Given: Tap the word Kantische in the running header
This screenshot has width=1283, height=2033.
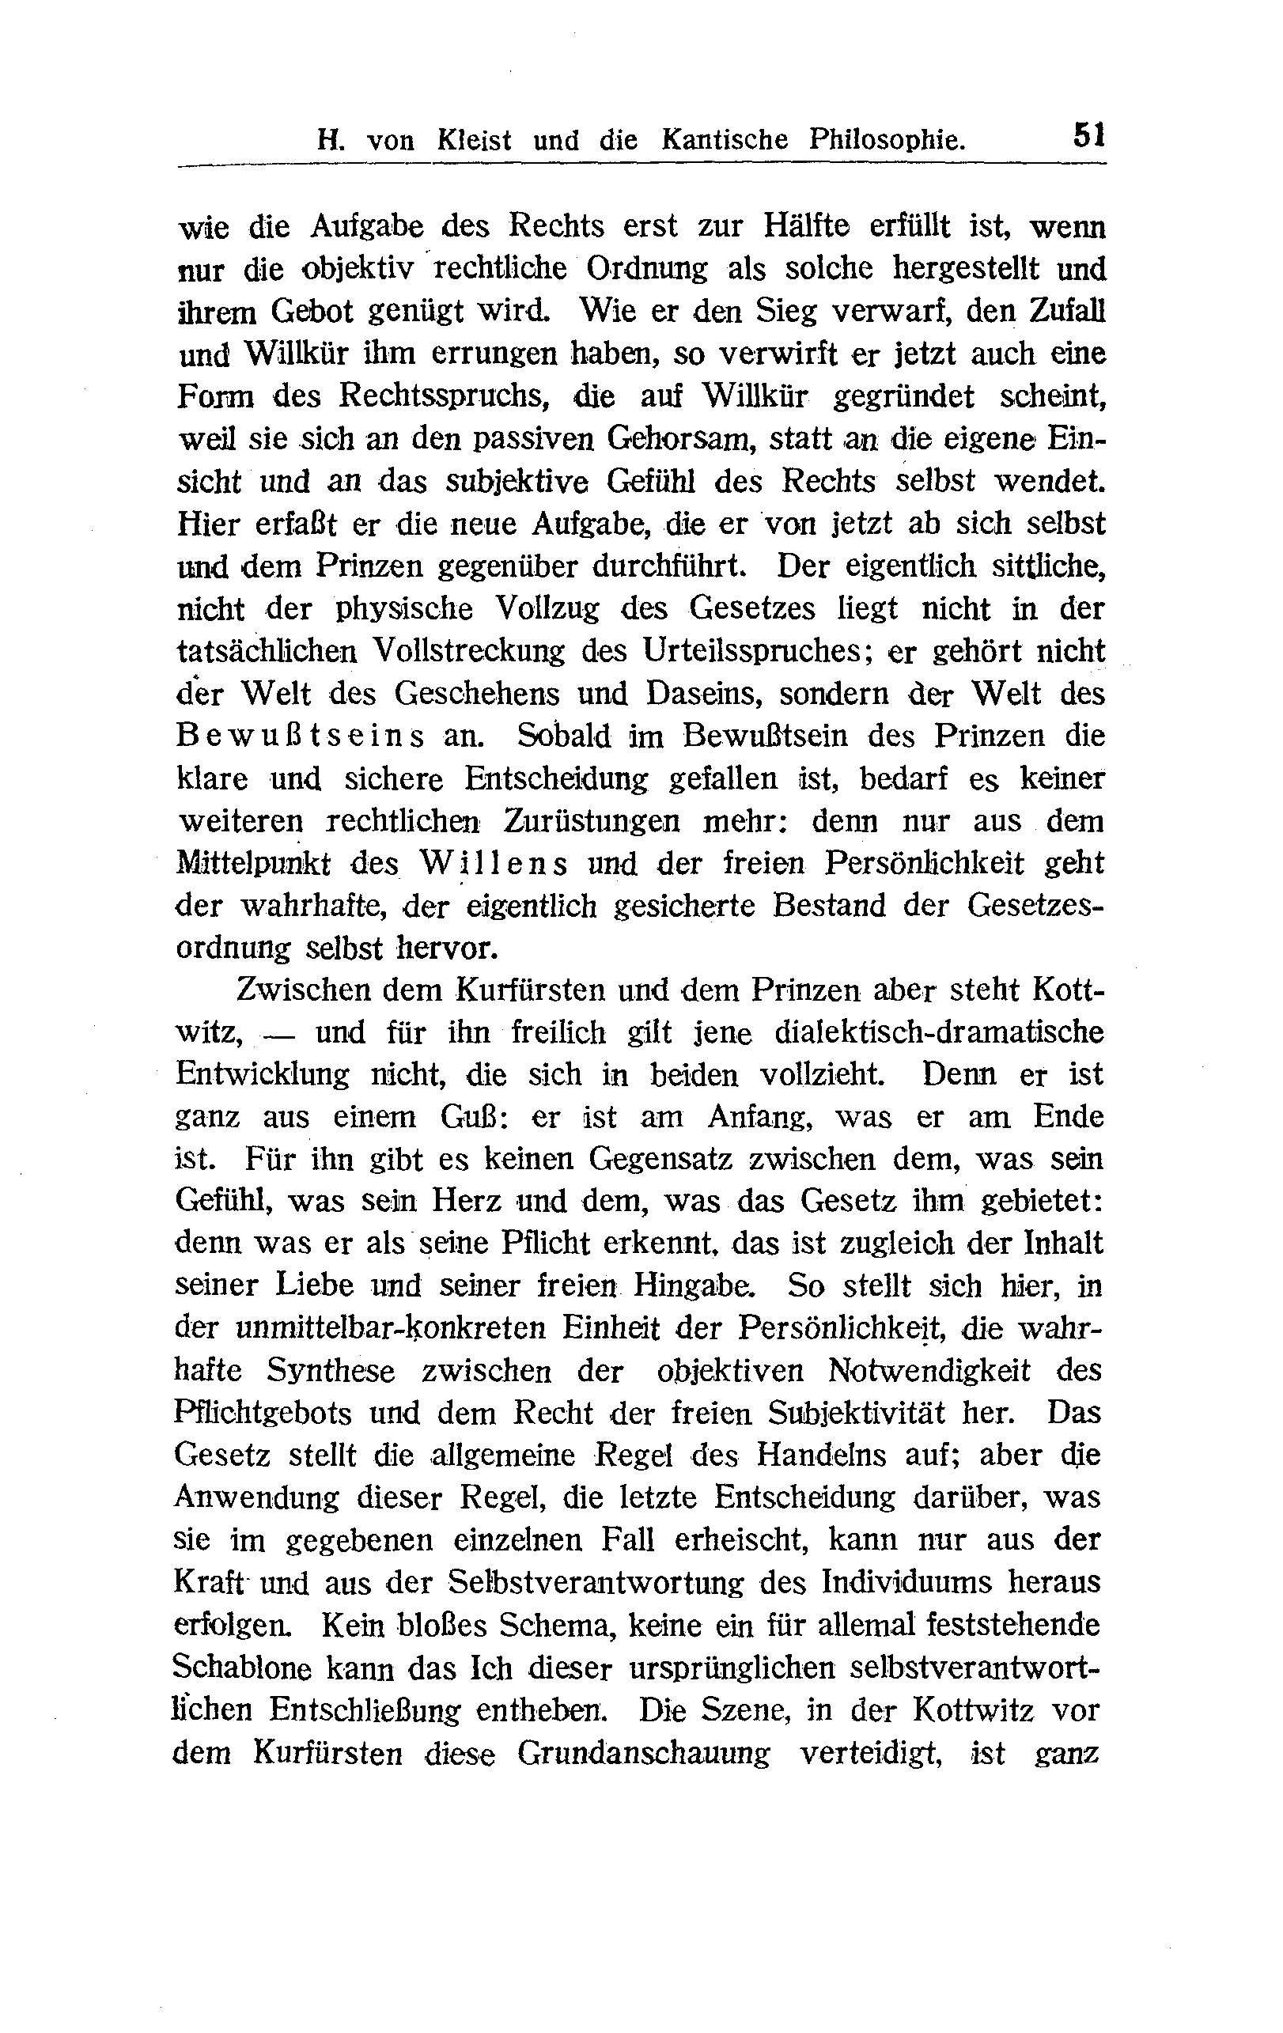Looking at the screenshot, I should pos(725,139).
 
